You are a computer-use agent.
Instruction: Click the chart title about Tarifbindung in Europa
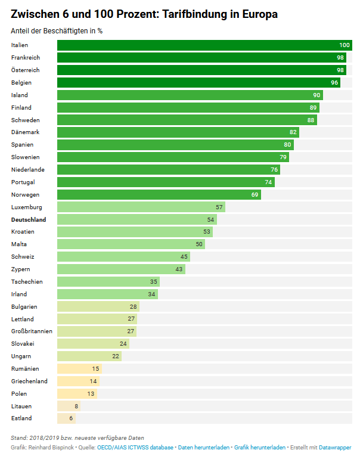point(144,14)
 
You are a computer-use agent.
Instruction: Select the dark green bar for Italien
point(203,45)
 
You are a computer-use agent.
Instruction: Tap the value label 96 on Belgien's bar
point(334,83)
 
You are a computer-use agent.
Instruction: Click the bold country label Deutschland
point(29,219)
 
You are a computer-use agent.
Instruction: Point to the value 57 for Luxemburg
point(219,207)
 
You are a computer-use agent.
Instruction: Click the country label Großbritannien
point(32,331)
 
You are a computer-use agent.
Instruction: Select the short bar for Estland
point(64,418)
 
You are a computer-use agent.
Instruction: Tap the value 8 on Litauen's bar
point(76,406)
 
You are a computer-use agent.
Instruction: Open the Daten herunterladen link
point(203,447)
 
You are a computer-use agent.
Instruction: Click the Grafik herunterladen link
point(259,447)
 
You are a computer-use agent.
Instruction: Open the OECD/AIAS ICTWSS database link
point(135,447)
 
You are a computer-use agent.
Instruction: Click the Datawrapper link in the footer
point(335,447)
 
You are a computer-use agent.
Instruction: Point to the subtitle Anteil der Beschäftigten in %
point(57,31)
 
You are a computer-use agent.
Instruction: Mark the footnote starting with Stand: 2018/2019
point(77,438)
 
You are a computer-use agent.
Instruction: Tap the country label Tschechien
point(27,281)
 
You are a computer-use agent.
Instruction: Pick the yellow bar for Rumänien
point(75,369)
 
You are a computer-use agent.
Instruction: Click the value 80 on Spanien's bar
point(287,145)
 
